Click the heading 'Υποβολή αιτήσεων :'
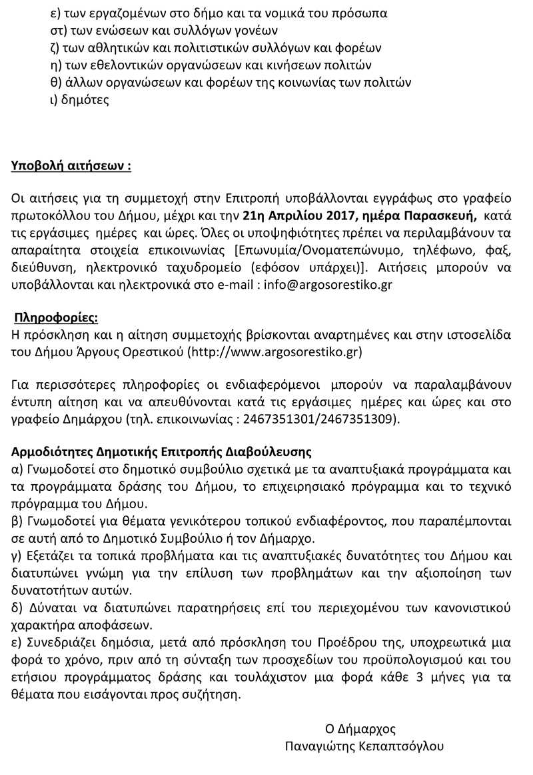click(71, 166)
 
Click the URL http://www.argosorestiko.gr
click(276, 351)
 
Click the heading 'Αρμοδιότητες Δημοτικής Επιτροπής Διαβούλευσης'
click(161, 452)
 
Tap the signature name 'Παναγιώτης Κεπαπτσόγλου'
click(364, 746)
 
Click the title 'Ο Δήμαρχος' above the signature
click(360, 728)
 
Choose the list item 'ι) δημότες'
click(79, 100)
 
